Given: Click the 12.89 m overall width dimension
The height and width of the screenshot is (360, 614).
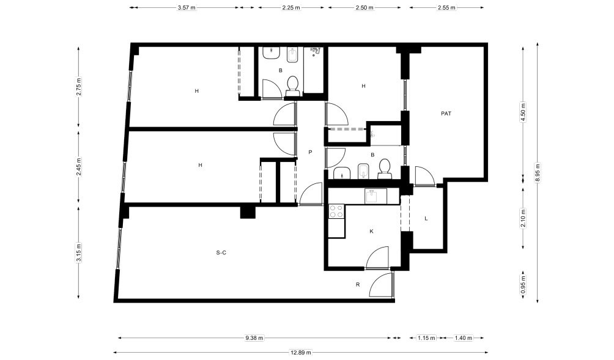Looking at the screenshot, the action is (301, 352).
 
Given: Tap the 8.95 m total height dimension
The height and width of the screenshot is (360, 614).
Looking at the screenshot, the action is (538, 172).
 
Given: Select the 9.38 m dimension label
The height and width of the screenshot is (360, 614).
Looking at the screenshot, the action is (254, 338).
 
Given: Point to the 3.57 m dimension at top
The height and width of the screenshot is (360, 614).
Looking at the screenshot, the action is (187, 7).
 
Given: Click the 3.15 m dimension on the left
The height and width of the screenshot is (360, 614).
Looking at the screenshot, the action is (79, 252).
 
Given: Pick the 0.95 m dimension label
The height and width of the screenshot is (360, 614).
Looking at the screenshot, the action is (523, 285).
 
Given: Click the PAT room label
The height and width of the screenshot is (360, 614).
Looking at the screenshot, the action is (446, 114).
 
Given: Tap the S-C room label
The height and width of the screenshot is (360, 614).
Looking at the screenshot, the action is (221, 253).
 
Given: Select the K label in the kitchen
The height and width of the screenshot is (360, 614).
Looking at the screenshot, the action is (372, 231).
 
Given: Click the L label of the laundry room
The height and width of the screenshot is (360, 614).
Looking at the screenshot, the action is (426, 218).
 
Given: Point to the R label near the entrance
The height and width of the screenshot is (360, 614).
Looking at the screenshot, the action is (358, 284).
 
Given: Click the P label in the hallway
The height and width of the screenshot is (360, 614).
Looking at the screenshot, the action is (310, 152).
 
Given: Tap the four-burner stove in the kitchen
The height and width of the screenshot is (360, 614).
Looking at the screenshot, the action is (336, 211).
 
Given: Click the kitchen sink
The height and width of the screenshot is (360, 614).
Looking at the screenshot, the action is (375, 196).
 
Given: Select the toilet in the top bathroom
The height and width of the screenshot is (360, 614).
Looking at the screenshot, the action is (292, 86).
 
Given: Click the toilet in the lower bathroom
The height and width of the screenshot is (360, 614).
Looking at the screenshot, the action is (385, 169).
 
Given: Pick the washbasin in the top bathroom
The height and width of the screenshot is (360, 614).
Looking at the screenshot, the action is (271, 53).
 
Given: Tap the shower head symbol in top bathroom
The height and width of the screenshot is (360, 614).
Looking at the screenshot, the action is (316, 51).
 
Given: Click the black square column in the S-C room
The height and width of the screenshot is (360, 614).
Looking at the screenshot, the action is (248, 211).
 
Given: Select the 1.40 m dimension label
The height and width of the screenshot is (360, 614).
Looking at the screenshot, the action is (464, 338).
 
